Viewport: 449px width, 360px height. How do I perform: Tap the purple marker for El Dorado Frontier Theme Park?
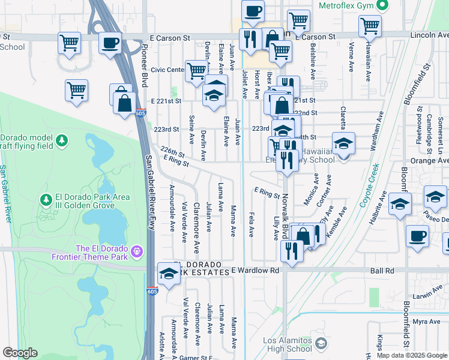coord(137,250)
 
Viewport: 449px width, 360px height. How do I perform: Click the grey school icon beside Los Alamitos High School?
coord(322,343)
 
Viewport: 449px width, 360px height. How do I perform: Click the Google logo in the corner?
coord(20,353)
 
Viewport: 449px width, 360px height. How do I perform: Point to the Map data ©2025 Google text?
coord(412,355)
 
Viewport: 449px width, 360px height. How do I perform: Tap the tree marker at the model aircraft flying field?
coord(61,140)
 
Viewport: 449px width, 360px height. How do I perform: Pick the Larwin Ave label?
coord(427,296)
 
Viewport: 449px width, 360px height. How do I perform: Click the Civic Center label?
coord(167,70)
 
